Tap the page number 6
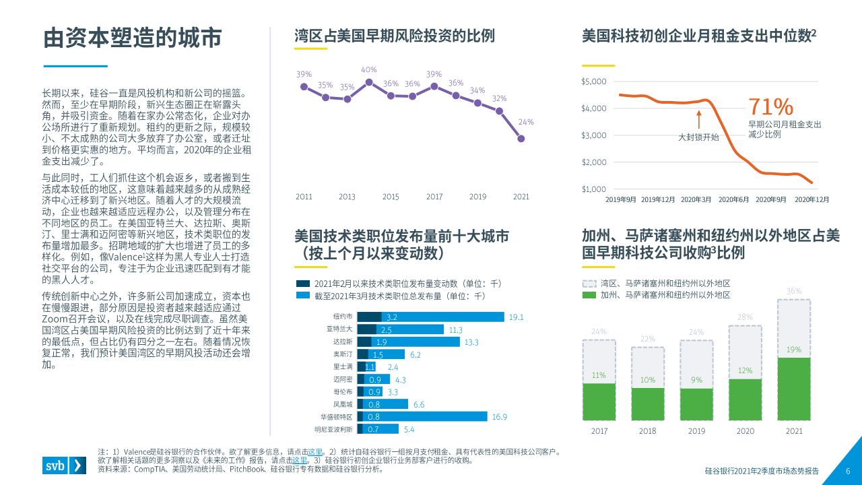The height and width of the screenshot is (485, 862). [848, 472]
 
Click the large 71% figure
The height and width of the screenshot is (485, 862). [771, 107]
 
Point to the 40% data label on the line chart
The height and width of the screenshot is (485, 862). [368, 69]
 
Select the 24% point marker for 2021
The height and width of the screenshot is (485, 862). [521, 139]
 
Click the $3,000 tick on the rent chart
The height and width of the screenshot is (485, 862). [593, 135]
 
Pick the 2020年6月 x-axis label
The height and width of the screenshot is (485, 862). [734, 199]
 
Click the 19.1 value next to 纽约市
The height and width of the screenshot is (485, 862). [516, 317]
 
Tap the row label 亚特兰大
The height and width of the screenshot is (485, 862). [339, 329]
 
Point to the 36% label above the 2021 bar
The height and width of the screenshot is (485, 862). [794, 292]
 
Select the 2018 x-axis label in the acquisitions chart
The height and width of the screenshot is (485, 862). [647, 431]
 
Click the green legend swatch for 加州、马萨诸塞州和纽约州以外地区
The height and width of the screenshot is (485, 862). [589, 295]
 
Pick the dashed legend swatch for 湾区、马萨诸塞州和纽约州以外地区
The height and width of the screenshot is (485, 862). [589, 284]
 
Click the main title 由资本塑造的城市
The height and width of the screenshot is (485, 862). [133, 38]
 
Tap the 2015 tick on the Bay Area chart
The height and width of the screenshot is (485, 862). [391, 197]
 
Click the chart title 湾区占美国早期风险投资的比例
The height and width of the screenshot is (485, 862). [395, 36]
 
